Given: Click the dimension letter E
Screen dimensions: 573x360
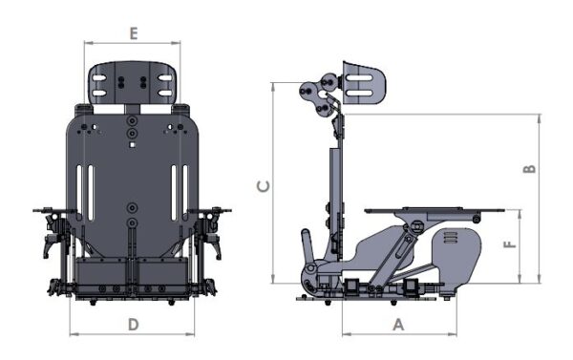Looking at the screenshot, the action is click(134, 33).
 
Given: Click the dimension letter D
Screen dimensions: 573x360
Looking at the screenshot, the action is click(134, 324).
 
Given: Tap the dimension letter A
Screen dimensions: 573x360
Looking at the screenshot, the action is click(398, 325).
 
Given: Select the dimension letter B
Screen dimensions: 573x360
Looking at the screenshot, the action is click(530, 169).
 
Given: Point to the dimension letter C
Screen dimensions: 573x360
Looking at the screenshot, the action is click(264, 186).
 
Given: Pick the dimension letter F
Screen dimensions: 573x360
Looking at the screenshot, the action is click(510, 244).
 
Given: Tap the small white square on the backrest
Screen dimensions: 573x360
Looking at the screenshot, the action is click(133, 145).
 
